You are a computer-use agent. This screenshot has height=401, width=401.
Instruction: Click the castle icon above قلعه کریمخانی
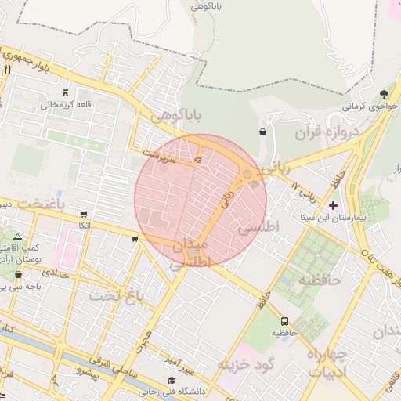click(x=65, y=92)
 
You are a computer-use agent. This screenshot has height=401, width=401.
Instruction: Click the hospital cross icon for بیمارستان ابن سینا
click(x=334, y=206)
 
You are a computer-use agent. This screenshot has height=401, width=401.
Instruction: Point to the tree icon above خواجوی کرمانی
click(x=384, y=94)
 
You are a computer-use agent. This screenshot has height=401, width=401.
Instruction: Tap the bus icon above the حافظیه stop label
click(x=284, y=321)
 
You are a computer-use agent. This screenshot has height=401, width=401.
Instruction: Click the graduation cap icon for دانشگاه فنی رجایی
click(x=172, y=381)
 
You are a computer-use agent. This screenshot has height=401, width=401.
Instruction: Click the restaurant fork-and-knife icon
click(x=7, y=70)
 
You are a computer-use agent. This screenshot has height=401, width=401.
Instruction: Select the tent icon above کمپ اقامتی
click(x=18, y=236)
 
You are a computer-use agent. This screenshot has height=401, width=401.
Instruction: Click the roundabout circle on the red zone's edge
click(x=247, y=174)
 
